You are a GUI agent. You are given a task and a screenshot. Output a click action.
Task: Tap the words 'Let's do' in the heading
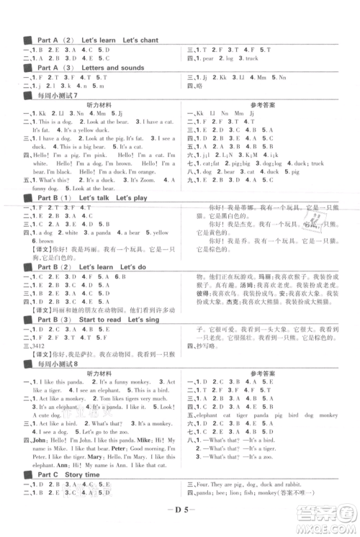coord(136,268)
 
